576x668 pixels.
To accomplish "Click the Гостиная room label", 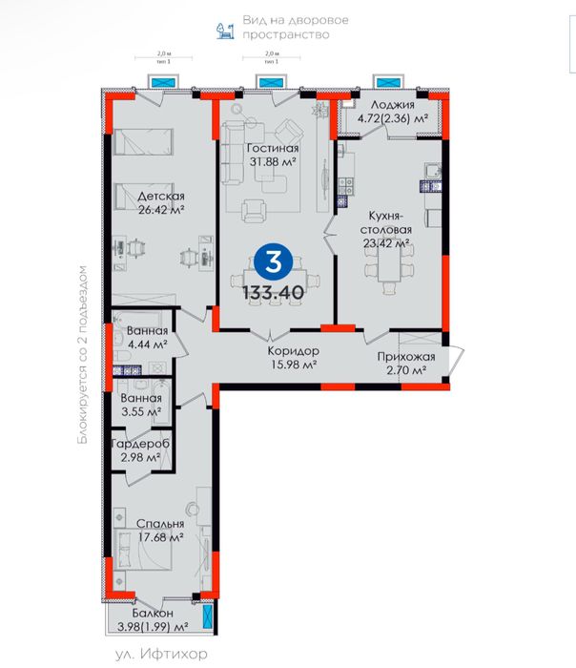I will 273,148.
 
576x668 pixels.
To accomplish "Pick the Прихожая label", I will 406,357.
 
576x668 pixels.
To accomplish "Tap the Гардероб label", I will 140,444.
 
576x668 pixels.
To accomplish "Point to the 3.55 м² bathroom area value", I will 139,413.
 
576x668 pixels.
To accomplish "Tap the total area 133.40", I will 275,292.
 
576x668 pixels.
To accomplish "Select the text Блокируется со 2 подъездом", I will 84,355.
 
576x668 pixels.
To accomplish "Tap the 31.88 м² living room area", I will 273,161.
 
